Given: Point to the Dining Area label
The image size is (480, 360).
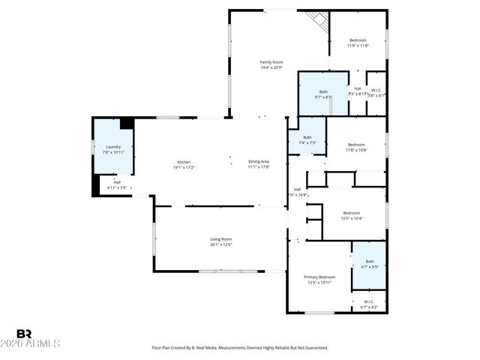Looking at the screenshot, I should point(259,164).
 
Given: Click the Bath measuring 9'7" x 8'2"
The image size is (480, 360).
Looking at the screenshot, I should point(323,94).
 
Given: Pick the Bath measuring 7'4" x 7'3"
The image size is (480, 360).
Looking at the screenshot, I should point(307,139).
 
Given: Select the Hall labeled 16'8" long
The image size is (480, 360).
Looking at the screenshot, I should point(298,192).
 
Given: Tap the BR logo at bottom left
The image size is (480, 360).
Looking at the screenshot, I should point(25,334).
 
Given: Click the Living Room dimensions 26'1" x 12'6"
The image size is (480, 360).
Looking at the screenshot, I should point(220,244).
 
